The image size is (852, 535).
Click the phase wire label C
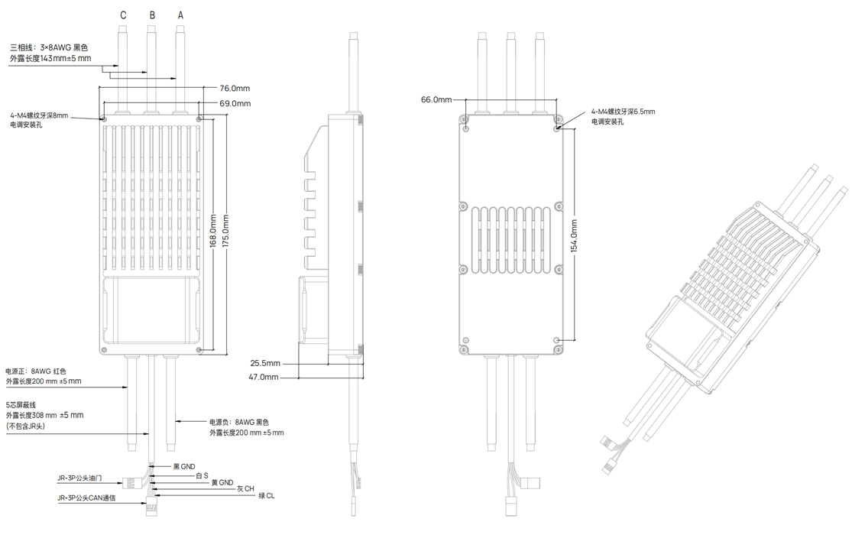pyautogui.click(x=123, y=15)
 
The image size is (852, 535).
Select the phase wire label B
pyautogui.click(x=152, y=15)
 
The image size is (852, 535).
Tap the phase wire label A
pyautogui.click(x=180, y=15)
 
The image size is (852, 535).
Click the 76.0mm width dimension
pyautogui.click(x=235, y=88)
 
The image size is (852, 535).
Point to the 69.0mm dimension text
pyautogui.click(x=235, y=103)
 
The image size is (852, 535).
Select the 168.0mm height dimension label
pyautogui.click(x=213, y=231)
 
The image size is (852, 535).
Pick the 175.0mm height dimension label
pyautogui.click(x=225, y=231)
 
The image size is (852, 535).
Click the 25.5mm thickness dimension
pyautogui.click(x=265, y=363)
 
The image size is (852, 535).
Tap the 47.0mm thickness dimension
pyautogui.click(x=264, y=377)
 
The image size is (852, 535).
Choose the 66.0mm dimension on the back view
pyautogui.click(x=436, y=99)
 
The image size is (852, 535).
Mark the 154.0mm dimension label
pyautogui.click(x=575, y=236)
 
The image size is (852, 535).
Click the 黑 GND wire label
pyautogui.click(x=184, y=466)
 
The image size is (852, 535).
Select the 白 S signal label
pyautogui.click(x=202, y=475)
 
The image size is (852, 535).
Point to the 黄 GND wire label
pyautogui.click(x=222, y=483)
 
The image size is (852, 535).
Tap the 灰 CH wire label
pyautogui.click(x=245, y=489)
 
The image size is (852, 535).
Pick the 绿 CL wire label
pyautogui.click(x=267, y=496)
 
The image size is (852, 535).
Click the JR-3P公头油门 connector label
pyautogui.click(x=80, y=478)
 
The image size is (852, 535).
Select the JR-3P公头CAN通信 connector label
pyautogui.click(x=86, y=498)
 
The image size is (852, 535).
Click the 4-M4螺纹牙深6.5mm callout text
pyautogui.click(x=624, y=112)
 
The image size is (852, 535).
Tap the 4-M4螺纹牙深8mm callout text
pyautogui.click(x=39, y=115)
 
